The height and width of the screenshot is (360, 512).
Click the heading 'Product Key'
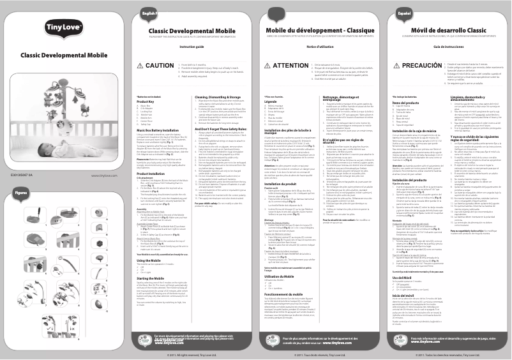click(147, 101)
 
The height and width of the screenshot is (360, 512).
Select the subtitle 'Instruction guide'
click(172, 47)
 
